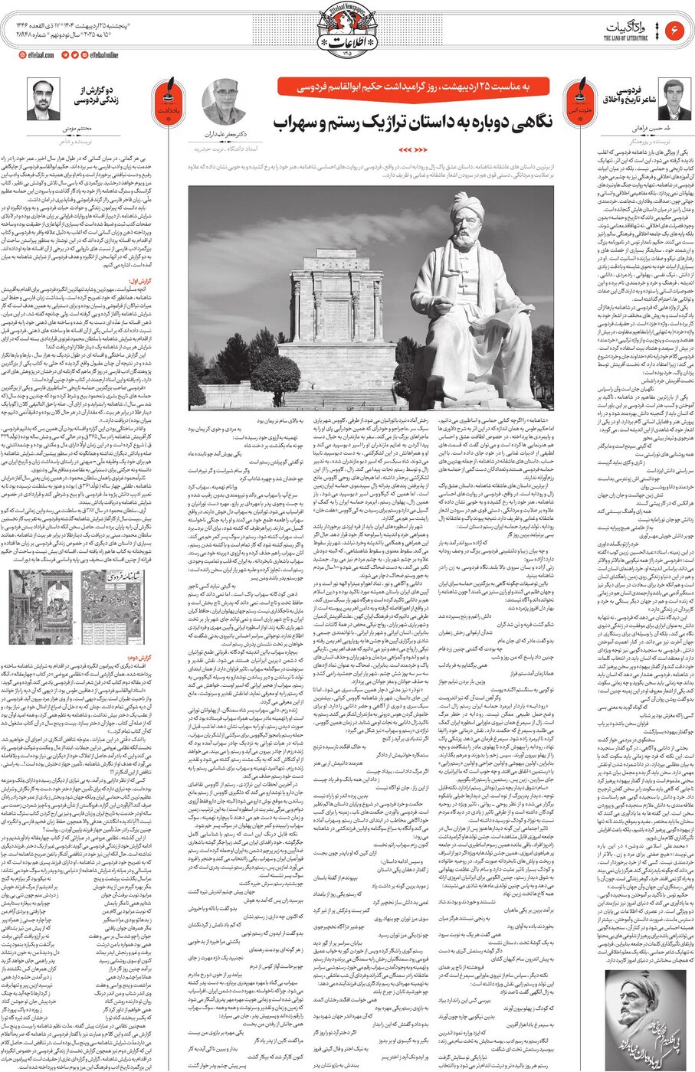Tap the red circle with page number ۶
pos(676,31)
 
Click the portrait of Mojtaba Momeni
pos(43,99)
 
